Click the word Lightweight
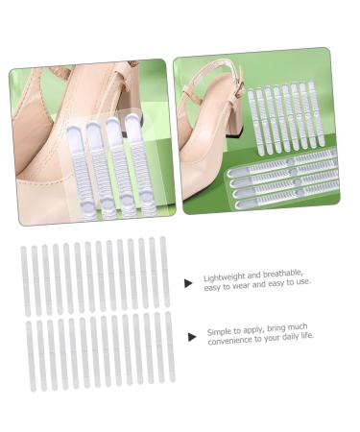pyautogui.click(x=224, y=279)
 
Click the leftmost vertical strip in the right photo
pyautogui.click(x=252, y=119)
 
